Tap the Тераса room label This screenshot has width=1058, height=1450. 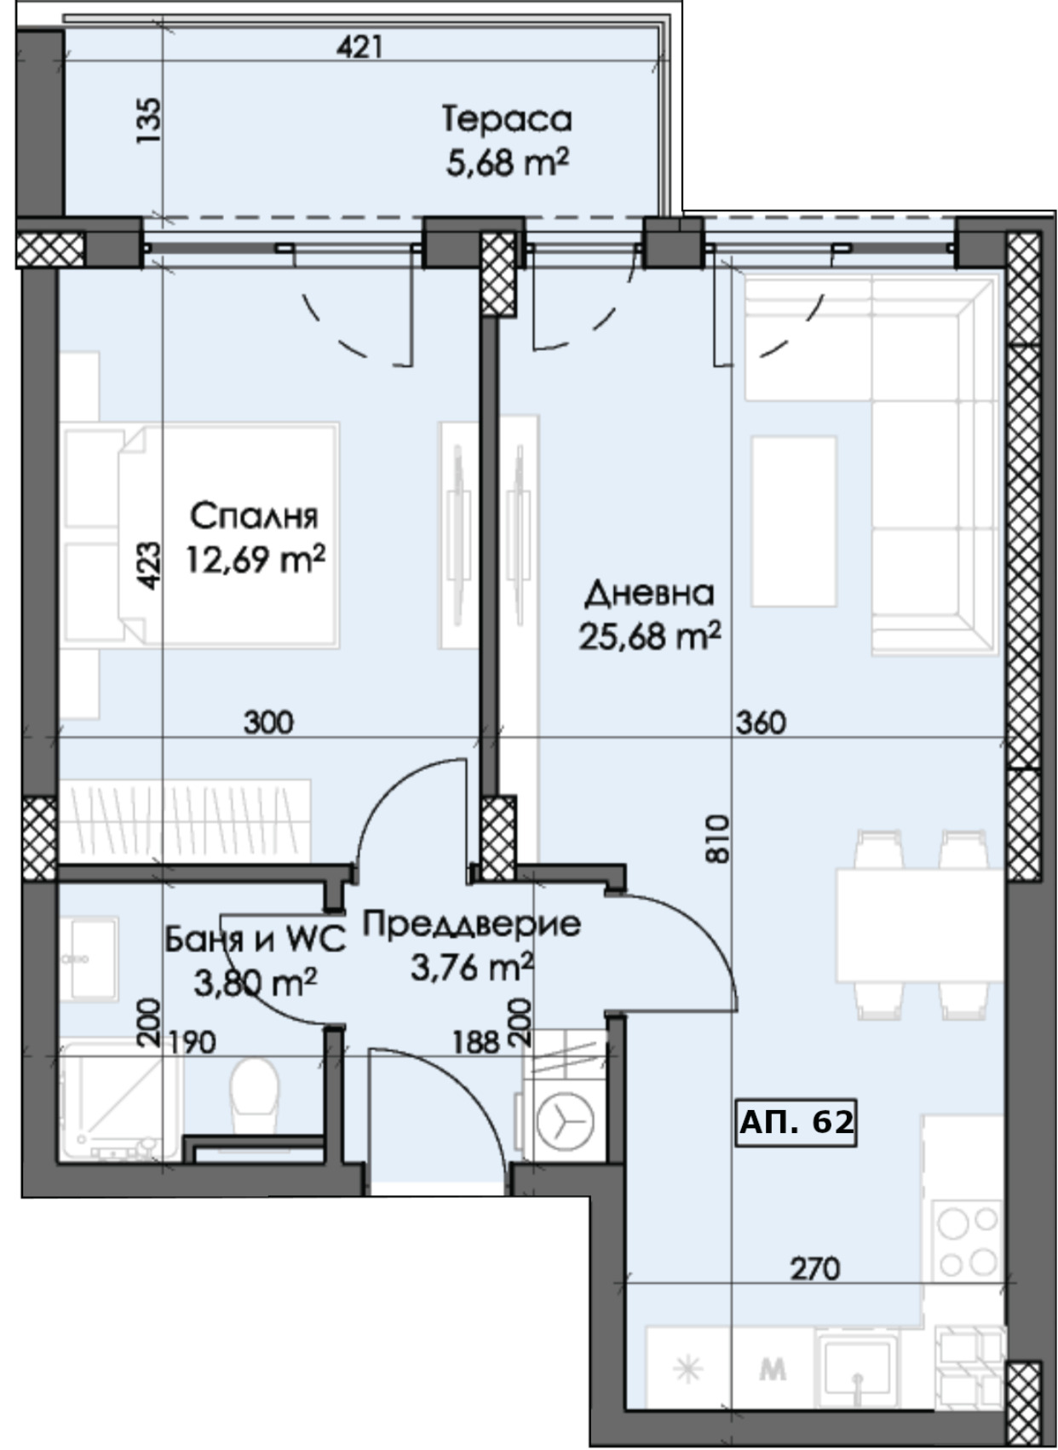[508, 120]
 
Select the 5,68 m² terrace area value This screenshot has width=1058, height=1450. [508, 163]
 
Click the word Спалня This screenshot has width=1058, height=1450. [255, 516]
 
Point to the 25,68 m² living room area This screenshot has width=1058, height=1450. [650, 636]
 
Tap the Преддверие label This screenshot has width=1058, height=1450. [471, 924]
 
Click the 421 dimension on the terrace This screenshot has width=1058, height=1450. [359, 47]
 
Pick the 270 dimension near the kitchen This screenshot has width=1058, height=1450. [814, 1269]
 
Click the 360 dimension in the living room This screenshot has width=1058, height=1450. [761, 722]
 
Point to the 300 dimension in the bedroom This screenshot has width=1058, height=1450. [268, 722]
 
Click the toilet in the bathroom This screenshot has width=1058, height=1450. [255, 1095]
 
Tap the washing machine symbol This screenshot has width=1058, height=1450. [565, 1120]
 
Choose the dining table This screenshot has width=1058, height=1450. [920, 925]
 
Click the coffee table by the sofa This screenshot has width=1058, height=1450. [793, 521]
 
